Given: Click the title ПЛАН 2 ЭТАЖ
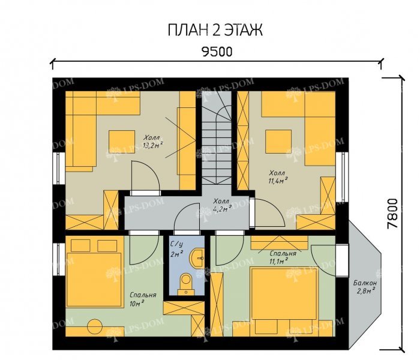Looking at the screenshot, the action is click(x=215, y=30).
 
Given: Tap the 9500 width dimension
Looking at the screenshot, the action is click(x=217, y=52).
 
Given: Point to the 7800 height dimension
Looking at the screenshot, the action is click(x=392, y=213).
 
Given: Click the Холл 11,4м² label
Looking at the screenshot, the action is click(x=278, y=176).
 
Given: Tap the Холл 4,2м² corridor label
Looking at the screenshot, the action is click(x=222, y=205).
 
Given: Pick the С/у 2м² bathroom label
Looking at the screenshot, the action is click(x=177, y=249).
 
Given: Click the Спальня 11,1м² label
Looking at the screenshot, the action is click(x=283, y=257).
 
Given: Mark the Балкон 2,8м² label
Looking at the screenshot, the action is click(x=365, y=286).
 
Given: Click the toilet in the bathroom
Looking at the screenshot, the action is click(x=186, y=284).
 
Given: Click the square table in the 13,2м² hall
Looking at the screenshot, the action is click(x=122, y=142).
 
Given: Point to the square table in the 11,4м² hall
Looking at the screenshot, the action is click(x=278, y=141).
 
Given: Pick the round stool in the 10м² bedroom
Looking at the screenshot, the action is click(x=95, y=326).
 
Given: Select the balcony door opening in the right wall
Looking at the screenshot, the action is click(x=342, y=260).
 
